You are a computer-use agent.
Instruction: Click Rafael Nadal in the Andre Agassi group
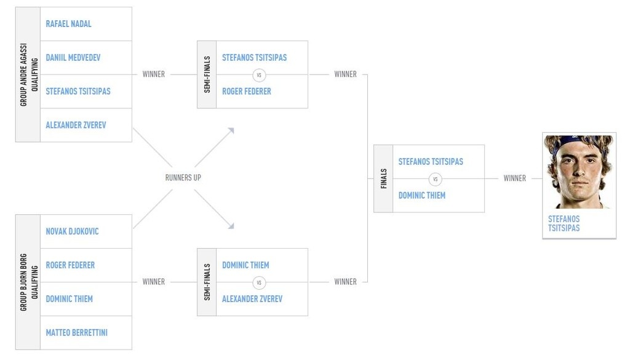point(68,24)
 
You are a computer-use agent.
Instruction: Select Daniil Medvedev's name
point(73,57)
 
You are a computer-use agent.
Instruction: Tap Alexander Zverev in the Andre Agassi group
point(76,125)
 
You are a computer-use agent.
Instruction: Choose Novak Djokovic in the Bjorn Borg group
point(73,231)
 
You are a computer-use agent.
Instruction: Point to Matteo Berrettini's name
point(77,333)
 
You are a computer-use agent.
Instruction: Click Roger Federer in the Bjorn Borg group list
point(70,265)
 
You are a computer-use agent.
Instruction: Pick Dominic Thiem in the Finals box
point(422,195)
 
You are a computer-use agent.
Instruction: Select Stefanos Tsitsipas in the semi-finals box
point(254,57)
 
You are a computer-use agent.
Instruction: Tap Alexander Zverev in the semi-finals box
point(252,299)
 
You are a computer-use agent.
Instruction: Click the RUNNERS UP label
point(183,178)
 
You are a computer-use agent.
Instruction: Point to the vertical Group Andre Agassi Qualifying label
point(28,74)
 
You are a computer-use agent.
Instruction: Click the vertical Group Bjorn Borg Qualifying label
point(28,282)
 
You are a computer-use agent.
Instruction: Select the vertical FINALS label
point(384,179)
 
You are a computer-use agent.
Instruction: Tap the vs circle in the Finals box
point(435,179)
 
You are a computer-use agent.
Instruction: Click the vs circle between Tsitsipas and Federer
point(259,75)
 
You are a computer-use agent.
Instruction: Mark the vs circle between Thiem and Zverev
point(259,283)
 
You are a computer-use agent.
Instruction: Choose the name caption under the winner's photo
point(564,223)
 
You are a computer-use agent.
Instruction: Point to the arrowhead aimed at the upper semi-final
point(231,130)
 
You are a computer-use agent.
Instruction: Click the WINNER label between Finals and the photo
point(515,178)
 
